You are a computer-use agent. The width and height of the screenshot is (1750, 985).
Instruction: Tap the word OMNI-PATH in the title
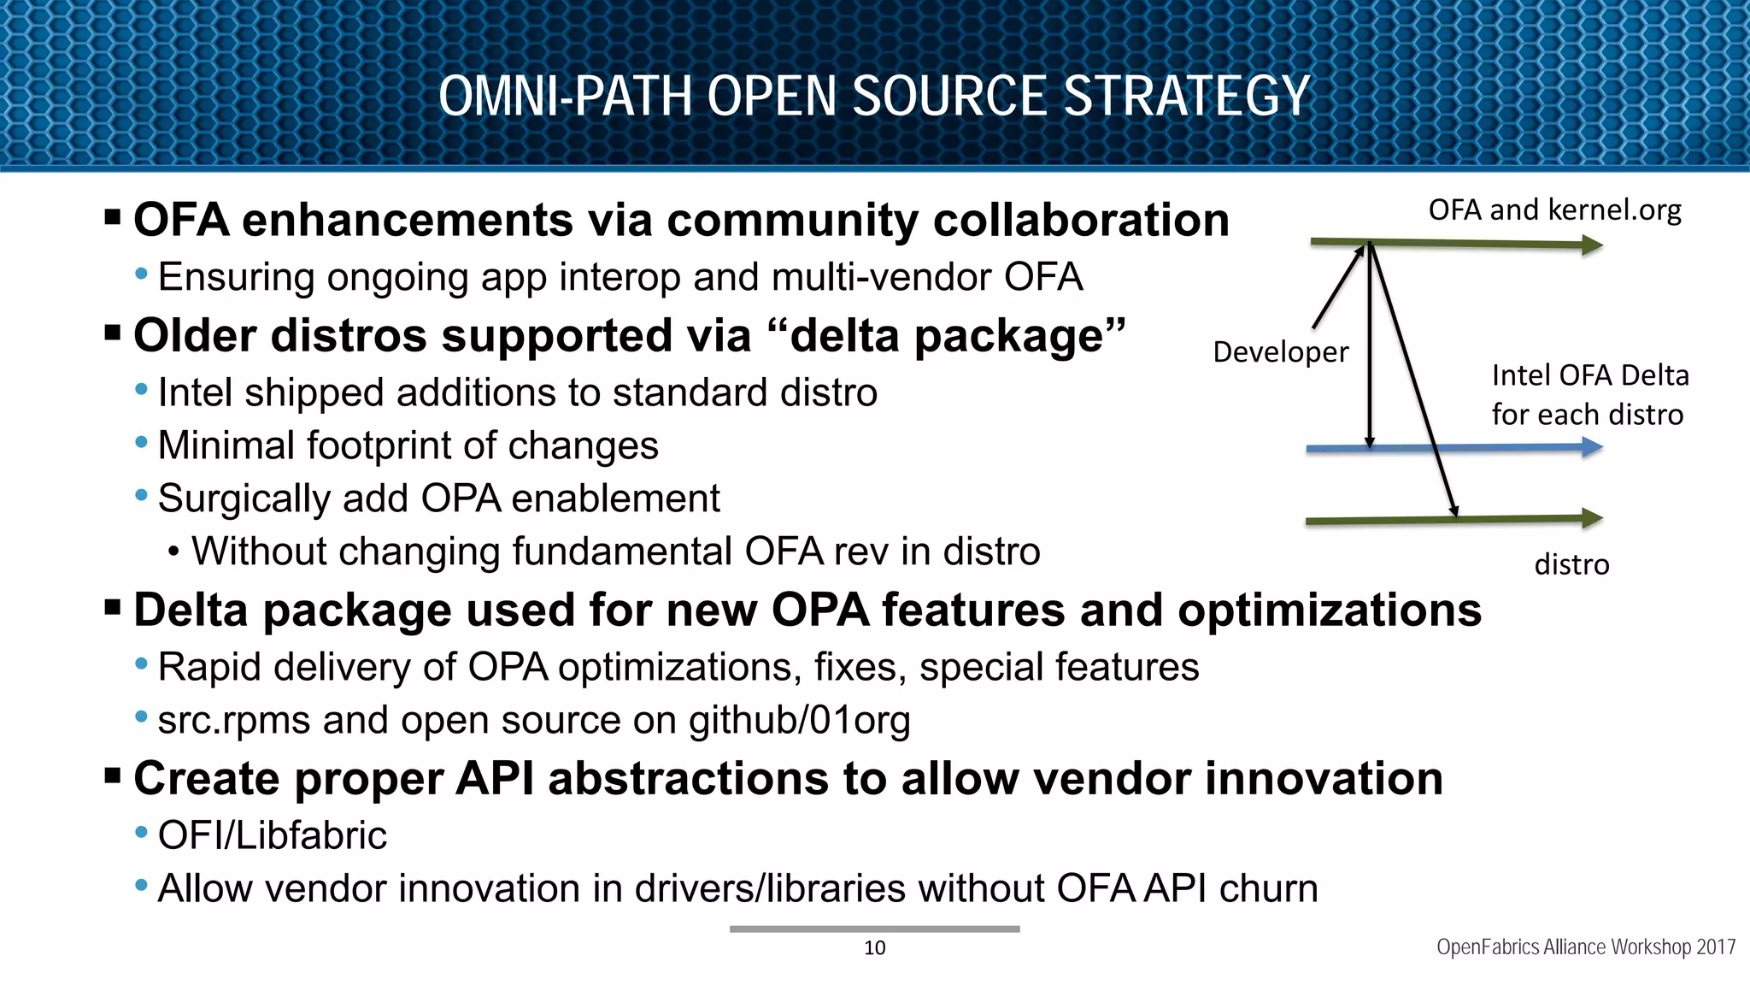coord(565,96)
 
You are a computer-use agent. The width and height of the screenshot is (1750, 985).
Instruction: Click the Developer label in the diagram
coord(1280,352)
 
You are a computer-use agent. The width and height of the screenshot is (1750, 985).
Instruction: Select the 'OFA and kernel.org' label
coord(1554,210)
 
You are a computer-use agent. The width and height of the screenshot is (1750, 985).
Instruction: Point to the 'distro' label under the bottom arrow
coord(1571,564)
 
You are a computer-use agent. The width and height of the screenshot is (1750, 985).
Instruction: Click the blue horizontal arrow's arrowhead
coord(1591,447)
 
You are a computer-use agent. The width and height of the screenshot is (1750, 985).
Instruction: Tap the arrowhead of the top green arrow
coord(1591,246)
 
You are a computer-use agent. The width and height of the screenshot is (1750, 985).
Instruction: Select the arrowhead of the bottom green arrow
coord(1591,518)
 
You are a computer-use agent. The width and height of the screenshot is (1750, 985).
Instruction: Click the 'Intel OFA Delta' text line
coord(1589,375)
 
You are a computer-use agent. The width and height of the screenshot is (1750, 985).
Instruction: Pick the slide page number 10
coord(874,947)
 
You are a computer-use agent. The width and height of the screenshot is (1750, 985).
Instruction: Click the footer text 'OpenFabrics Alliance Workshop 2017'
coord(1585,947)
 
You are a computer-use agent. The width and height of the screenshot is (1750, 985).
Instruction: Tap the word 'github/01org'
coord(799,721)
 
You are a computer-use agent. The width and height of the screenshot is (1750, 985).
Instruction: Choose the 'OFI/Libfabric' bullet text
coord(273,835)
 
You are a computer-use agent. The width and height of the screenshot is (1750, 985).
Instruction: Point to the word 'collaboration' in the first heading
coord(1081,221)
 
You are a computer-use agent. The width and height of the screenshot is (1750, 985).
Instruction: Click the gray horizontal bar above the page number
coord(874,929)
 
